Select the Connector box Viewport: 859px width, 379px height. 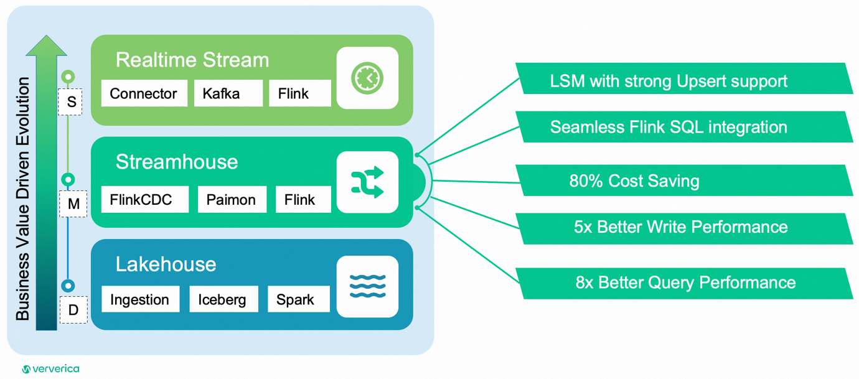144,93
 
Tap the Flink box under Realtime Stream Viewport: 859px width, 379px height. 299,93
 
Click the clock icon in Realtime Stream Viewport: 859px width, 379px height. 367,78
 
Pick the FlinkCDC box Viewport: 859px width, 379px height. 144,200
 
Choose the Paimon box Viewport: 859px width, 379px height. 232,200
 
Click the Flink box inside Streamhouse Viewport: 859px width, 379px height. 303,200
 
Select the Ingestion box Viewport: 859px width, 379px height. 140,299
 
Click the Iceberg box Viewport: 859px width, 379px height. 223,299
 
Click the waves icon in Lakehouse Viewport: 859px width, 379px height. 367,286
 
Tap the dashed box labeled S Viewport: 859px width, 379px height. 72,101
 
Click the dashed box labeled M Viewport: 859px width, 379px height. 73,204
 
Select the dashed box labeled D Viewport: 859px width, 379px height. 73,309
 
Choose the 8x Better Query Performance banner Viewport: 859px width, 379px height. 685,283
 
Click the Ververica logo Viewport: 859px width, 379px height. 51,369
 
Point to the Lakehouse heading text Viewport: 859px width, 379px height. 166,264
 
